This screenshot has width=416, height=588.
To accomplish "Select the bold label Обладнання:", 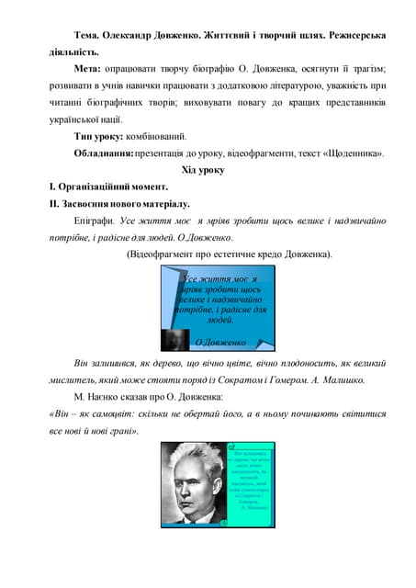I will (x=104, y=153).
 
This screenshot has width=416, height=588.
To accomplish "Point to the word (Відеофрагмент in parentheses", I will (x=168, y=254).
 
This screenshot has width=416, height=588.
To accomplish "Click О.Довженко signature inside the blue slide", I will (x=220, y=343).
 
